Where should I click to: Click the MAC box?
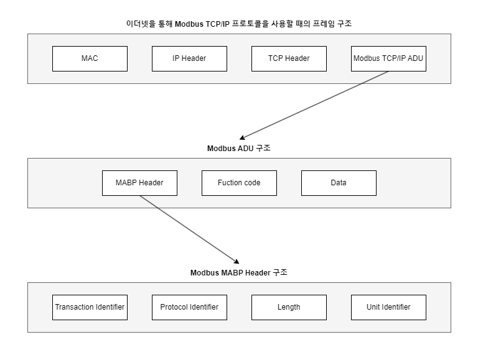pyautogui.click(x=90, y=58)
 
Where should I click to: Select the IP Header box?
pyautogui.click(x=189, y=58)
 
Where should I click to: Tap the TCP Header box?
pyautogui.click(x=289, y=58)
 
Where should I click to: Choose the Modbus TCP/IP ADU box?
pyautogui.click(x=388, y=58)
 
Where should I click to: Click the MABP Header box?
pyautogui.click(x=139, y=183)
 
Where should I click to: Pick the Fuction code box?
pyautogui.click(x=239, y=183)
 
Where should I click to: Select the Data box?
pyautogui.click(x=339, y=183)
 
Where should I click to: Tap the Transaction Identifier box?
pyautogui.click(x=90, y=307)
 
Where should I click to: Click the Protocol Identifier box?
pyautogui.click(x=189, y=307)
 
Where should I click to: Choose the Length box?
pyautogui.click(x=289, y=307)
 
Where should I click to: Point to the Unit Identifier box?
pyautogui.click(x=388, y=307)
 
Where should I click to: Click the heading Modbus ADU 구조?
pyautogui.click(x=239, y=149)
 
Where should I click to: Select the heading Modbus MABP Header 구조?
pyautogui.click(x=239, y=273)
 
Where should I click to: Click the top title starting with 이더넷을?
pyautogui.click(x=239, y=24)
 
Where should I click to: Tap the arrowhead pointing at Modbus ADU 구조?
pyautogui.click(x=243, y=138)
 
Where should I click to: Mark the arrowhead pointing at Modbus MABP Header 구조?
pyautogui.click(x=236, y=262)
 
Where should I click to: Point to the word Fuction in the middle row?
pyautogui.click(x=230, y=183)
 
